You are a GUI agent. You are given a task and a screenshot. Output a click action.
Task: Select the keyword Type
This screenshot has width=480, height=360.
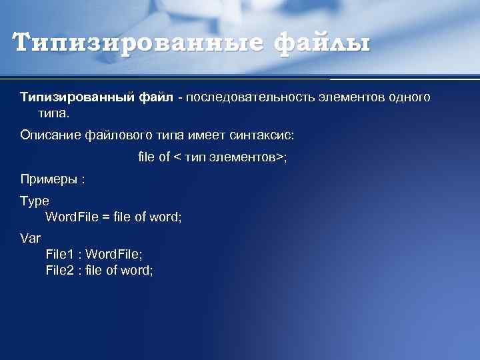tap(35, 200)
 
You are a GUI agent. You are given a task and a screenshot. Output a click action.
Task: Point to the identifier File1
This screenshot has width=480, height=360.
tap(59, 254)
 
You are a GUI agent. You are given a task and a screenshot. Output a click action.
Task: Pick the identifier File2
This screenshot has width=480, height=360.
tap(59, 270)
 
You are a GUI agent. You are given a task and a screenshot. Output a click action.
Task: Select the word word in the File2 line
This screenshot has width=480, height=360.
tap(137, 270)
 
